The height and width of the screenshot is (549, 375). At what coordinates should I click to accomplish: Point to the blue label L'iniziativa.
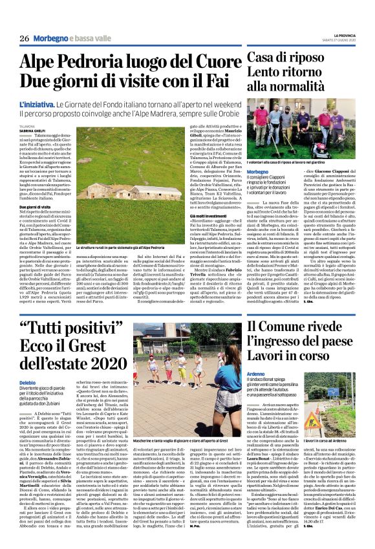coord(37,104)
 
